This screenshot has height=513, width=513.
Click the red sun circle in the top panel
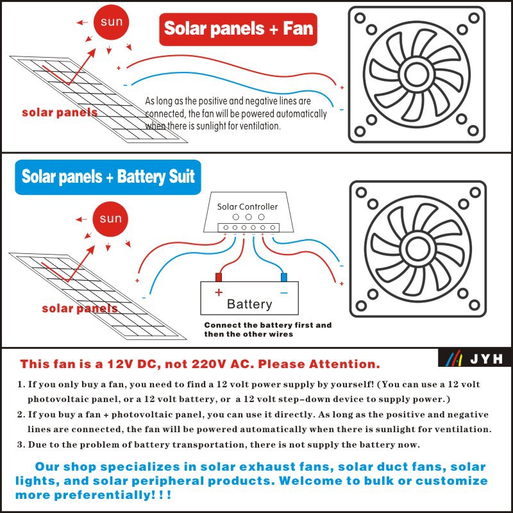pos(111,22)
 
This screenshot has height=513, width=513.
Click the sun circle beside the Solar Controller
pos(110,219)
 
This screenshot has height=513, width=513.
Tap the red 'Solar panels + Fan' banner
pos(238,29)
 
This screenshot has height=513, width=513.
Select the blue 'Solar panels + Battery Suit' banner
pos(108,177)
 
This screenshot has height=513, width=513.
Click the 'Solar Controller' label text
pos(248,206)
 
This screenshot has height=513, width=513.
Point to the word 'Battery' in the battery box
pos(249,304)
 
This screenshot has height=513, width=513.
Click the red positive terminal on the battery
pos(218,277)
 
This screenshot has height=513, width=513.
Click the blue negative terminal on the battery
pos(284,277)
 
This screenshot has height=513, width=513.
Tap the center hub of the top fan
pos(416,74)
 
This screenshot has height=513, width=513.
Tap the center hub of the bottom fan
pos(417,248)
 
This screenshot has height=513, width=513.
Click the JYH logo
pos(475,358)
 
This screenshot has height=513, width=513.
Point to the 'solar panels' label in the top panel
pos(60,112)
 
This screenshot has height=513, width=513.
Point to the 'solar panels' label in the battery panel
pos(80,308)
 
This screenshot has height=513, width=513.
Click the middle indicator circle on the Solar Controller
pos(248,217)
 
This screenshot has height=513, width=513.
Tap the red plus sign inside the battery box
pos(219,292)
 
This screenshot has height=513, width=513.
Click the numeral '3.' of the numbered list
pos(21,444)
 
